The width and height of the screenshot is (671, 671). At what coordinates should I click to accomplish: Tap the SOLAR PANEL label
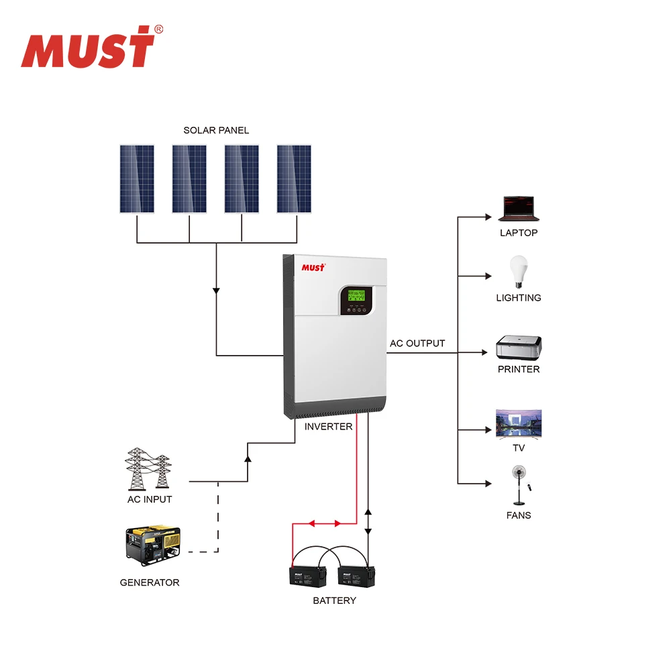(x=216, y=130)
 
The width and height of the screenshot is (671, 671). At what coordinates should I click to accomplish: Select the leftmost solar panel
(x=137, y=179)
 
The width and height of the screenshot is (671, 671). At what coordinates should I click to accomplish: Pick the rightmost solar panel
(x=294, y=179)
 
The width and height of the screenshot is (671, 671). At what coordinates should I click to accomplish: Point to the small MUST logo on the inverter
(x=313, y=267)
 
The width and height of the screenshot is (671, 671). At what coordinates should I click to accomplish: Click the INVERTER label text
(x=328, y=427)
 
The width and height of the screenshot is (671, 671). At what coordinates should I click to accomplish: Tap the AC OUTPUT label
(x=417, y=344)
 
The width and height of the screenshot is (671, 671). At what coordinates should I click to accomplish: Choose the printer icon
(x=519, y=348)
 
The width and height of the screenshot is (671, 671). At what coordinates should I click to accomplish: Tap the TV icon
(x=518, y=423)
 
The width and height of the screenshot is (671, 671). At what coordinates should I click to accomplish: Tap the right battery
(x=356, y=576)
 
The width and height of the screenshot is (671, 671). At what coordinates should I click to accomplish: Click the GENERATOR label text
(x=150, y=582)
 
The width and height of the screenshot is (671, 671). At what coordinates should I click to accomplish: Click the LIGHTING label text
(x=518, y=298)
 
